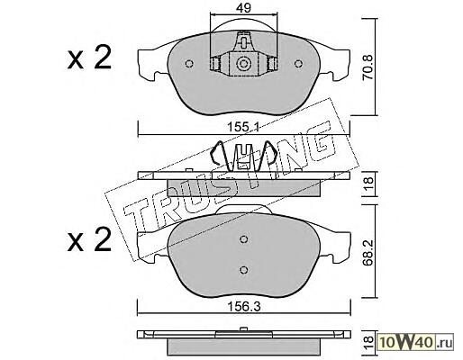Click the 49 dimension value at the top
(x=243, y=8)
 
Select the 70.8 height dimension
(x=368, y=67)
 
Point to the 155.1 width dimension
(x=244, y=127)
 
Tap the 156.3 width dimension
(x=244, y=307)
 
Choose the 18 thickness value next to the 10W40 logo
(x=368, y=341)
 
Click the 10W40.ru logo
(x=415, y=341)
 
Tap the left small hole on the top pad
(x=189, y=64)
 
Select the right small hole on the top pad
(x=298, y=64)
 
